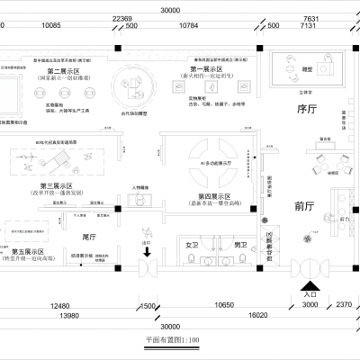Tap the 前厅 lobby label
coord(305,204)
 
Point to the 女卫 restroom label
coord(191,244)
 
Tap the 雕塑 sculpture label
coord(307,68)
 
